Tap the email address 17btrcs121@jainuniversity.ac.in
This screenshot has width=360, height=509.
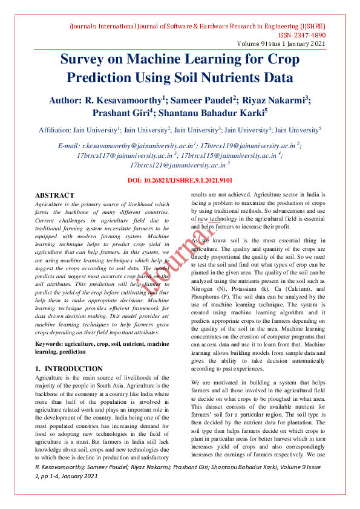tap(177, 164)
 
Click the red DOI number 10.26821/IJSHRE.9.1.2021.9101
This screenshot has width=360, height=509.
tap(188, 181)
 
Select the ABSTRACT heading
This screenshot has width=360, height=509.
tap(54, 195)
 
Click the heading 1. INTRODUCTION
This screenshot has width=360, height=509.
tap(69, 369)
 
